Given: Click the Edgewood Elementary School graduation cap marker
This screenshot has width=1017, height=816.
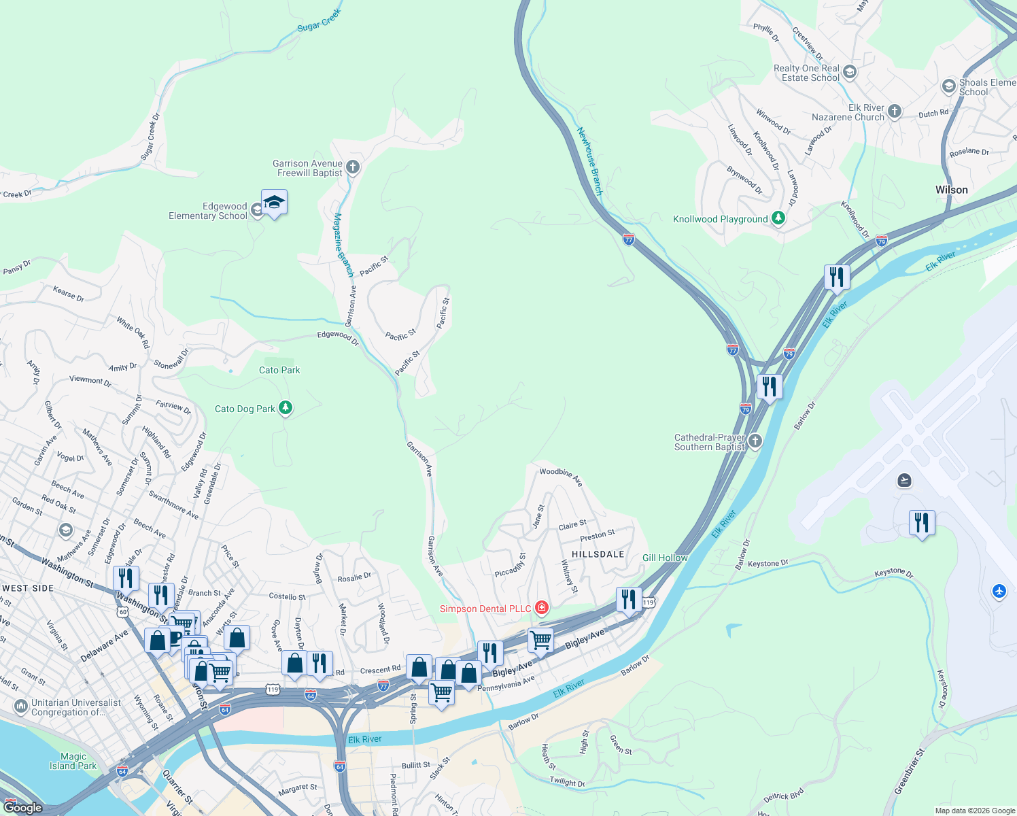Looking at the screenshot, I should pyautogui.click(x=274, y=203).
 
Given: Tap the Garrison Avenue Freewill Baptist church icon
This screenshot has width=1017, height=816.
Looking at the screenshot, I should pyautogui.click(x=352, y=167).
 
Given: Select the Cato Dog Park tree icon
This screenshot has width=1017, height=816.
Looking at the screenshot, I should pyautogui.click(x=286, y=408).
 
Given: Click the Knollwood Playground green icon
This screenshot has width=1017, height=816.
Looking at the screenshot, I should pyautogui.click(x=778, y=218).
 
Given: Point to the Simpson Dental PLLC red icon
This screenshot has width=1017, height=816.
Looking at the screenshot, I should pyautogui.click(x=542, y=608).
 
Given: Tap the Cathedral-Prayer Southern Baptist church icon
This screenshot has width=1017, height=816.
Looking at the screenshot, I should pyautogui.click(x=755, y=442).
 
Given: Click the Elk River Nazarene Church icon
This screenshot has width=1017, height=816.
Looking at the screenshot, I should pyautogui.click(x=895, y=112).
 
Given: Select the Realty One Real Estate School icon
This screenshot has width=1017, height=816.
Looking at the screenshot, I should pyautogui.click(x=850, y=72).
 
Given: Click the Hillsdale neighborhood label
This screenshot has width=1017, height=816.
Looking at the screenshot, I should pyautogui.click(x=598, y=554).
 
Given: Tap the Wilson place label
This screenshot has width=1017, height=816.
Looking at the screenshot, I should pyautogui.click(x=951, y=190).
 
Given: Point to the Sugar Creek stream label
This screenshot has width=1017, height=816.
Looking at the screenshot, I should pyautogui.click(x=320, y=20).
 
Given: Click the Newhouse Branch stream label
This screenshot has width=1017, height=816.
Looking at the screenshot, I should pyautogui.click(x=589, y=161).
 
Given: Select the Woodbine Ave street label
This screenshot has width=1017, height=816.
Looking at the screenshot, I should pyautogui.click(x=561, y=476).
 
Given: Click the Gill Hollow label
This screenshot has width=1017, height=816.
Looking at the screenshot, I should pyautogui.click(x=665, y=558).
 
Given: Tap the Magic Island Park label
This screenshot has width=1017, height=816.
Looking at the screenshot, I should pyautogui.click(x=73, y=761).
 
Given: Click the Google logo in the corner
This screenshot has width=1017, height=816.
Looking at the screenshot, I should pyautogui.click(x=22, y=807).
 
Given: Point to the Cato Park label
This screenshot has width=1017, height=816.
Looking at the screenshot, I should pyautogui.click(x=279, y=370).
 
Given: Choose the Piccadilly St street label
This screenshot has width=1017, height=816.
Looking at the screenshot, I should pyautogui.click(x=510, y=565).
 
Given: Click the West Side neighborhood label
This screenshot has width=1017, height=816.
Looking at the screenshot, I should pyautogui.click(x=28, y=588).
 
